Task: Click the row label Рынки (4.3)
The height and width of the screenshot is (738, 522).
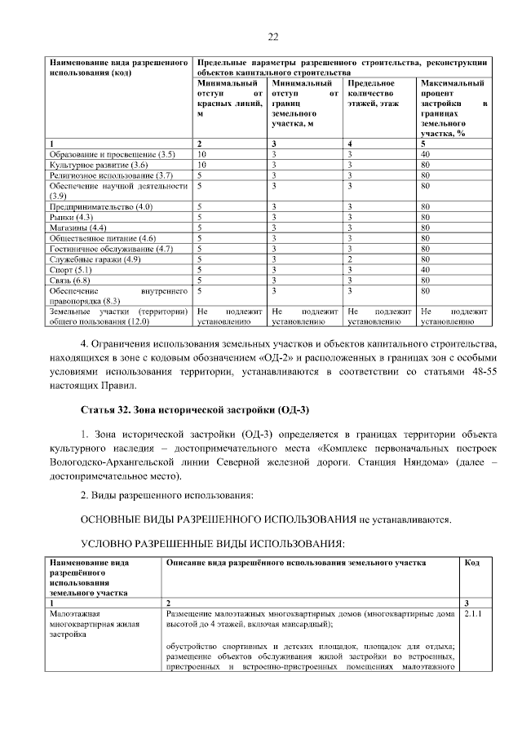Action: (73, 218)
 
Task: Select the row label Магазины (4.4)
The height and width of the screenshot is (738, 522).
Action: (78, 228)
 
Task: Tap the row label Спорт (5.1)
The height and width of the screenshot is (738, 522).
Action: (73, 269)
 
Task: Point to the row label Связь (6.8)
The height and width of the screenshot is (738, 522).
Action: (71, 280)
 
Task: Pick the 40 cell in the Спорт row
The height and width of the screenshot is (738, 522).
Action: (425, 269)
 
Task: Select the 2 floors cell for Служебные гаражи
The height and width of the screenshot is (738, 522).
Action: (349, 259)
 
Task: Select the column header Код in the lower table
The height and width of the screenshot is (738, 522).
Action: (471, 563)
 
